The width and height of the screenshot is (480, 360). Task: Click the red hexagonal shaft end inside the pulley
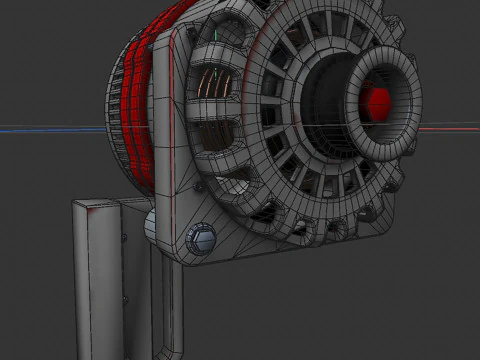[378, 100]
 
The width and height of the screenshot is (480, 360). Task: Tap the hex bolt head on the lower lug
[200, 238]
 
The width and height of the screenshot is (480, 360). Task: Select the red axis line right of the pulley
[450, 128]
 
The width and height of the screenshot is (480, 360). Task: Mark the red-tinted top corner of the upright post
[93, 205]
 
